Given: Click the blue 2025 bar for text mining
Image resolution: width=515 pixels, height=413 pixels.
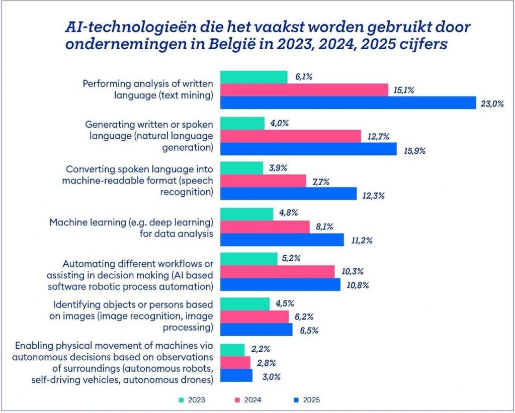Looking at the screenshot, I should coord(348,102).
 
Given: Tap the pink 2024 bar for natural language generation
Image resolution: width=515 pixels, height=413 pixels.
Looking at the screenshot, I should coord(291,136).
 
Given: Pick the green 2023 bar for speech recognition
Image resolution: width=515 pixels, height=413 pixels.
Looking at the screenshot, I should coord(242,168).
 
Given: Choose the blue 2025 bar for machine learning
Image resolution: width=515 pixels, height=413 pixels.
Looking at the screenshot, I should coord(282,240).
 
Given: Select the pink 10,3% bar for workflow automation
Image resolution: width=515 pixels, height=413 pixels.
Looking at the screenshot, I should coord(278,271).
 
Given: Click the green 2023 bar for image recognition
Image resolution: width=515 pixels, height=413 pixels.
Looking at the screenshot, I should coord(245,303).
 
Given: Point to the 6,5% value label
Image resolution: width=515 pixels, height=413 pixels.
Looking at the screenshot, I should coord(309,331).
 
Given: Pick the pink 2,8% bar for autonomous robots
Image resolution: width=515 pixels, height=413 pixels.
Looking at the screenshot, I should coord(235,362).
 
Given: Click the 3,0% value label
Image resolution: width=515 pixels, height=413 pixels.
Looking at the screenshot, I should coord(270,376).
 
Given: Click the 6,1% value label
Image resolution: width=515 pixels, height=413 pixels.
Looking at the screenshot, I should coord(304,76).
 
